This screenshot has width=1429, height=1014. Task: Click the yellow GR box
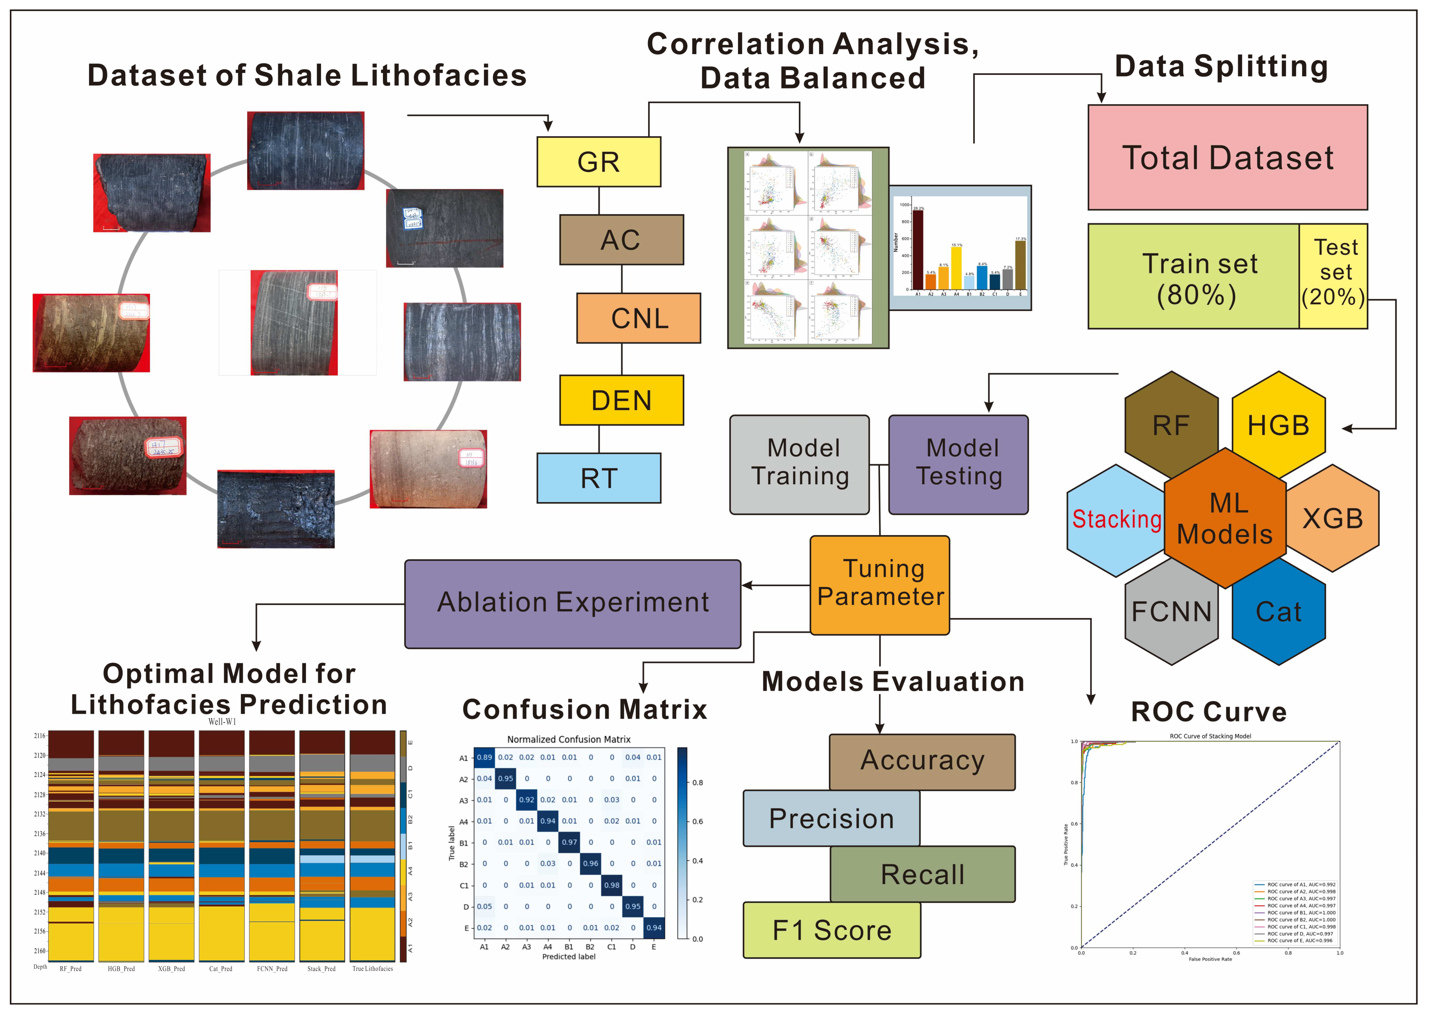[x=598, y=162]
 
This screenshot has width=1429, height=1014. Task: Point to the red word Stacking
[x=1116, y=519]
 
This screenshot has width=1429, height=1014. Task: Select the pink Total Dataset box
[x=1227, y=158]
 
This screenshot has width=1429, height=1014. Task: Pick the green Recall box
[x=922, y=874]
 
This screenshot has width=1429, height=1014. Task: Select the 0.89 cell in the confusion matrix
[x=484, y=757]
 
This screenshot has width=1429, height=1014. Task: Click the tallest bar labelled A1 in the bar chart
[x=918, y=250]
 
